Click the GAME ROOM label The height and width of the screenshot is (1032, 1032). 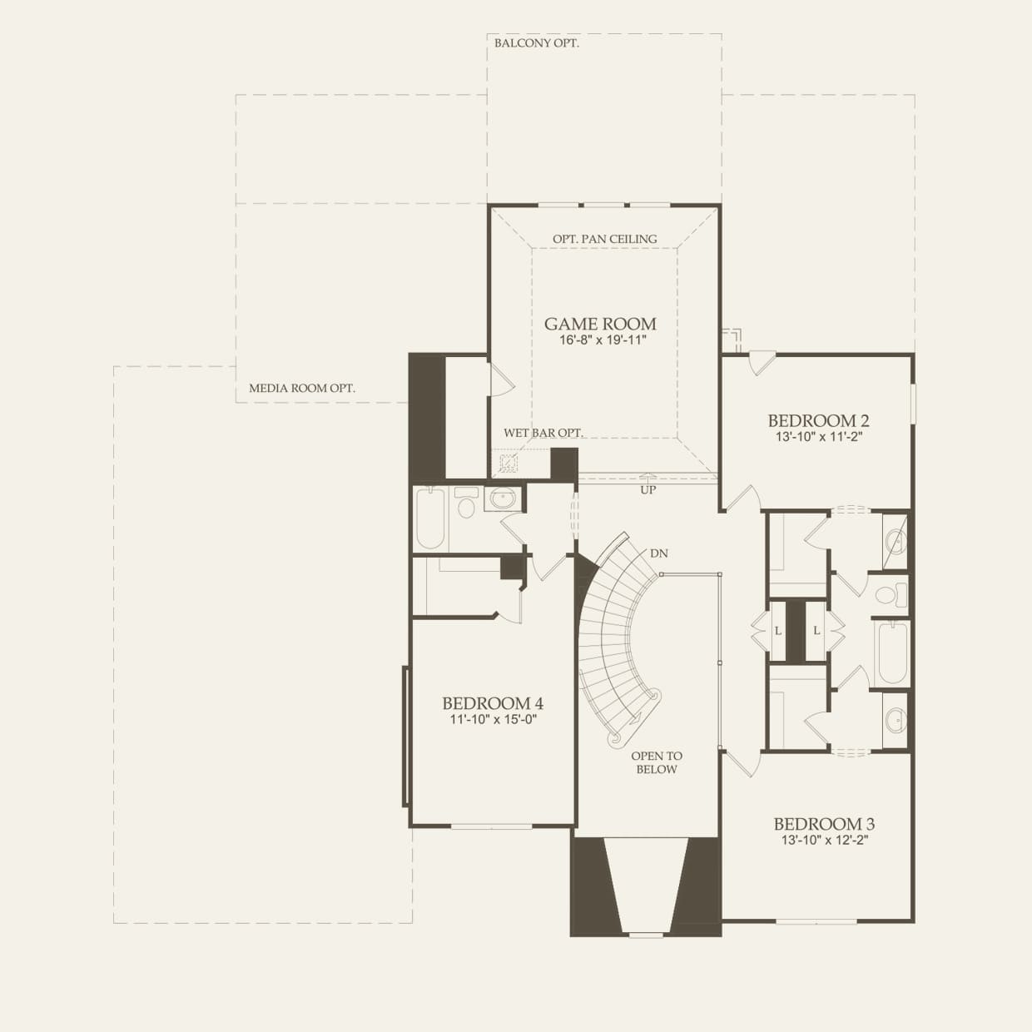pos(600,324)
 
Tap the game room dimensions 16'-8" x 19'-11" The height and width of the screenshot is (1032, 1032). pos(600,340)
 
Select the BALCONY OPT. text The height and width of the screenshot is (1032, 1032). pos(537,42)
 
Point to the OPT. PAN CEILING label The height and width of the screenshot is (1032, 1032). pos(605,239)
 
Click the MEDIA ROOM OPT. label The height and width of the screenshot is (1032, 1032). pos(302,388)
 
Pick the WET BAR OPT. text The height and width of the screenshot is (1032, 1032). pos(543,433)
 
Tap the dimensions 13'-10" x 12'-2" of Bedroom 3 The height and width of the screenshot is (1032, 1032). pos(824,841)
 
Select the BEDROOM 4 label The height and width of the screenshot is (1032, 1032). pos(493,703)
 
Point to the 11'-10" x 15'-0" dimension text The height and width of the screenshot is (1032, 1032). pos(493,720)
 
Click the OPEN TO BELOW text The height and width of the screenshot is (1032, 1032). pos(657,762)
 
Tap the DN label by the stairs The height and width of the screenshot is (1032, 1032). pos(659,553)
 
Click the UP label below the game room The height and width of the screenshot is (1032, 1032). pos(648,490)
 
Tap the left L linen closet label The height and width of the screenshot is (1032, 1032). pos(778,631)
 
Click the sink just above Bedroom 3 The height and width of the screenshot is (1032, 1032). pos(896,720)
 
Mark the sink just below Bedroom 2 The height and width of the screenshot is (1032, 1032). pos(896,542)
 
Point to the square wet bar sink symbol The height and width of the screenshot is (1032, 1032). pos(508,463)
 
